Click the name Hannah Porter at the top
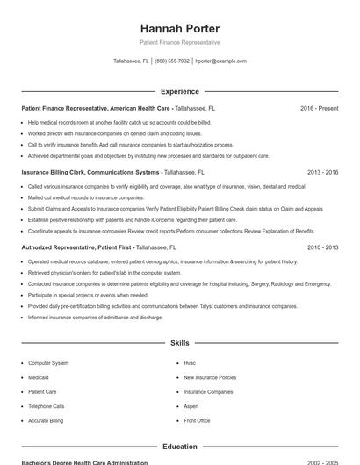click(179, 28)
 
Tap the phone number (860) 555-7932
click(172, 61)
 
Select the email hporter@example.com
click(220, 61)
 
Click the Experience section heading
click(179, 91)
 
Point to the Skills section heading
click(179, 343)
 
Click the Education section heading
click(179, 447)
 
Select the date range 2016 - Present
click(319, 108)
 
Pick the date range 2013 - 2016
click(322, 173)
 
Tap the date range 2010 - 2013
click(322, 248)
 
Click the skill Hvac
click(190, 362)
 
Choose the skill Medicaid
click(39, 377)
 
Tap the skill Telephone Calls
click(46, 406)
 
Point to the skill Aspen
click(191, 406)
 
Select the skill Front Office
click(197, 421)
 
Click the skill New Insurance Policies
click(209, 377)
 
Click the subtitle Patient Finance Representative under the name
click(179, 42)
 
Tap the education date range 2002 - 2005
click(322, 461)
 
